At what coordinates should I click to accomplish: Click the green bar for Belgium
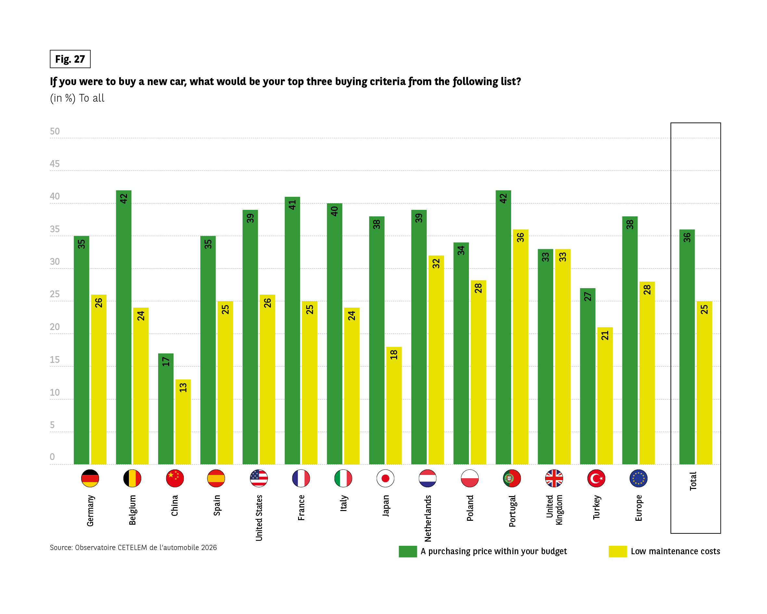123,327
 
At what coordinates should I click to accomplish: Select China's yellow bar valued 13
183,422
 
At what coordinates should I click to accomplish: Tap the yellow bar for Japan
394,405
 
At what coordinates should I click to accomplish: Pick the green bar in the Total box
686,347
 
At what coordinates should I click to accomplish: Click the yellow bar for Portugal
520,347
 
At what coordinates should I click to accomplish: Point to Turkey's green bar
587,376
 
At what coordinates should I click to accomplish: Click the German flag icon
90,478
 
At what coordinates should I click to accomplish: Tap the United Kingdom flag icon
554,478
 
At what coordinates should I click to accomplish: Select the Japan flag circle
385,478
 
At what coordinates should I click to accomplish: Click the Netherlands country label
428,518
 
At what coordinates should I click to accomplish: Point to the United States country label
259,518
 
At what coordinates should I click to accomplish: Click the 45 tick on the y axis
55,164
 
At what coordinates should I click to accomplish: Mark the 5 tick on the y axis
52,425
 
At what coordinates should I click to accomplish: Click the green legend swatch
408,551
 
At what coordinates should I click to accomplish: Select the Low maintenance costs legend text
675,551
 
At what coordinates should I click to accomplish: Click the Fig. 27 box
70,59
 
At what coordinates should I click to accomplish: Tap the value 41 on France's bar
292,205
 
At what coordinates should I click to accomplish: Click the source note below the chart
133,547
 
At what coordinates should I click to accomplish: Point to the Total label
693,481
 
